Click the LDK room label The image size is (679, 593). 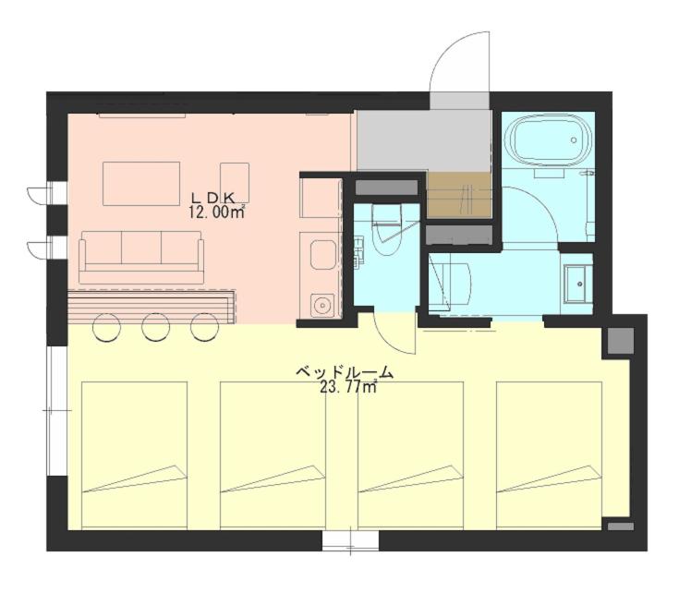pyautogui.click(x=213, y=198)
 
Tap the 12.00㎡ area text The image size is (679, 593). pyautogui.click(x=216, y=212)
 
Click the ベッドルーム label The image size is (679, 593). pyautogui.click(x=345, y=372)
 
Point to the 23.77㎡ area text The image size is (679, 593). pyautogui.click(x=347, y=386)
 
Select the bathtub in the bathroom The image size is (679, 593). pyautogui.click(x=548, y=140)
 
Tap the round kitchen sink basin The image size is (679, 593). pyautogui.click(x=322, y=304)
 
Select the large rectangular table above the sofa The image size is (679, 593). pyautogui.click(x=141, y=184)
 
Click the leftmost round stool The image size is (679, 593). pyautogui.click(x=106, y=327)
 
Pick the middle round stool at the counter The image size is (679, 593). pyautogui.click(x=155, y=327)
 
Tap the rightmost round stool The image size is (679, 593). pyautogui.click(x=204, y=327)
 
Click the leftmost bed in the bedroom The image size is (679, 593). pyautogui.click(x=134, y=455)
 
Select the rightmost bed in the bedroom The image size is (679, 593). pyautogui.click(x=549, y=455)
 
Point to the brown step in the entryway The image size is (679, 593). pyautogui.click(x=459, y=195)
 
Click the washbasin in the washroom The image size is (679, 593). pyautogui.click(x=576, y=284)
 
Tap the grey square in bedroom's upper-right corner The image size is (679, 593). pyautogui.click(x=621, y=341)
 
